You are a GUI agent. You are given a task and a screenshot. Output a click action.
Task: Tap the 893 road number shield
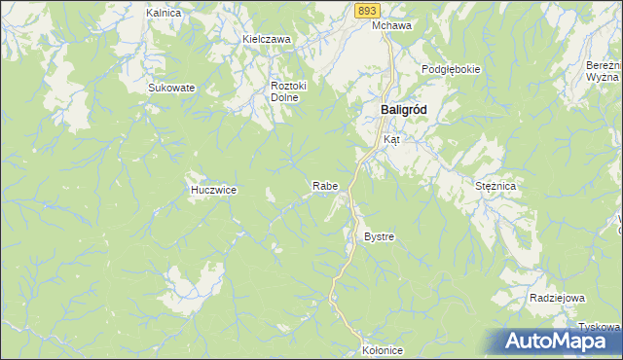[366, 9]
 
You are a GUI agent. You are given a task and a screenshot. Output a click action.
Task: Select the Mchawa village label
[392, 26]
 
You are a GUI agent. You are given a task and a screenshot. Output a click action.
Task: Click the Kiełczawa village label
[267, 40]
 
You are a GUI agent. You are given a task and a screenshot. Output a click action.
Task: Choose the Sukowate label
[171, 88]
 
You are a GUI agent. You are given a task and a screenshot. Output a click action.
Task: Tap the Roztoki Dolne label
[289, 91]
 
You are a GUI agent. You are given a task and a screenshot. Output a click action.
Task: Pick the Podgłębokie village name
[452, 70]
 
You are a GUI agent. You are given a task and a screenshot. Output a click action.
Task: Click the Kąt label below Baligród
[391, 140]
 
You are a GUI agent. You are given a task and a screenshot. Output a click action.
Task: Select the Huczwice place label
[213, 191]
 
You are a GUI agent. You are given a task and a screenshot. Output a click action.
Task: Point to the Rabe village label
[324, 186]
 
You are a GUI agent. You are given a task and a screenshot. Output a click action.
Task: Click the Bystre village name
[379, 237]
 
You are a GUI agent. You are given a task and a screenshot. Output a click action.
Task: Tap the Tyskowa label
[600, 326]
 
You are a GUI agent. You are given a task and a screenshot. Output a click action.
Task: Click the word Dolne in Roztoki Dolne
[284, 97]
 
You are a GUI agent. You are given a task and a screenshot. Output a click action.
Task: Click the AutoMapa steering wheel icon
[516, 340]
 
